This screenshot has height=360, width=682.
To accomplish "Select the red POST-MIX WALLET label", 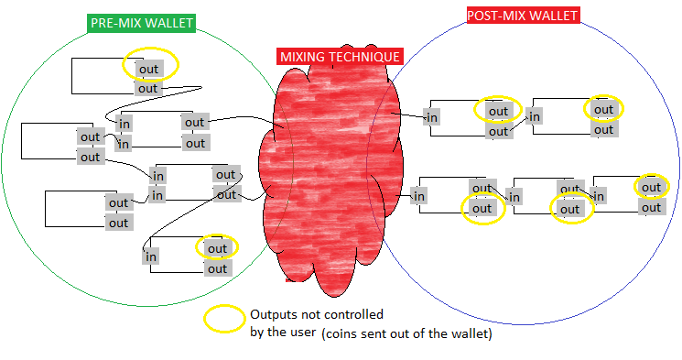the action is click(x=522, y=16).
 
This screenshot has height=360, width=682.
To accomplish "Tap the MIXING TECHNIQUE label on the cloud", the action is click(x=340, y=57).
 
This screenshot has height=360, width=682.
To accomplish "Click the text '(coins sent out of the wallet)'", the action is click(x=407, y=334).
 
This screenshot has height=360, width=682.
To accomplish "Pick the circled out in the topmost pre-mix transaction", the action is click(x=148, y=68).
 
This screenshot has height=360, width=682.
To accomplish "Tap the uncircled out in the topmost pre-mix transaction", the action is click(x=148, y=88).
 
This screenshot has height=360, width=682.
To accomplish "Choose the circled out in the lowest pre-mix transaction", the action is click(x=217, y=248).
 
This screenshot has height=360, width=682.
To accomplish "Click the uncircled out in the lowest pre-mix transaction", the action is click(x=217, y=268).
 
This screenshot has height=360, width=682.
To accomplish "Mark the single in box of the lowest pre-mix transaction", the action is click(x=152, y=256).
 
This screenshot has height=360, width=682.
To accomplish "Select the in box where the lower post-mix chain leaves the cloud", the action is click(x=419, y=195).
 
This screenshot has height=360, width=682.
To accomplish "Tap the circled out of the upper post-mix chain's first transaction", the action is click(x=498, y=111).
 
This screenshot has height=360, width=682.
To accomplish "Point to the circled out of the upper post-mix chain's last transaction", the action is click(x=603, y=110).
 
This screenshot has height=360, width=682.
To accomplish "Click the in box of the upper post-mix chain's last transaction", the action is click(x=534, y=116).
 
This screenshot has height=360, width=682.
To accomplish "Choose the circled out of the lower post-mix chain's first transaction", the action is click(x=482, y=208).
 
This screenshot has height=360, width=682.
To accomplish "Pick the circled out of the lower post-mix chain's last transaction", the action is click(x=651, y=188).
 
